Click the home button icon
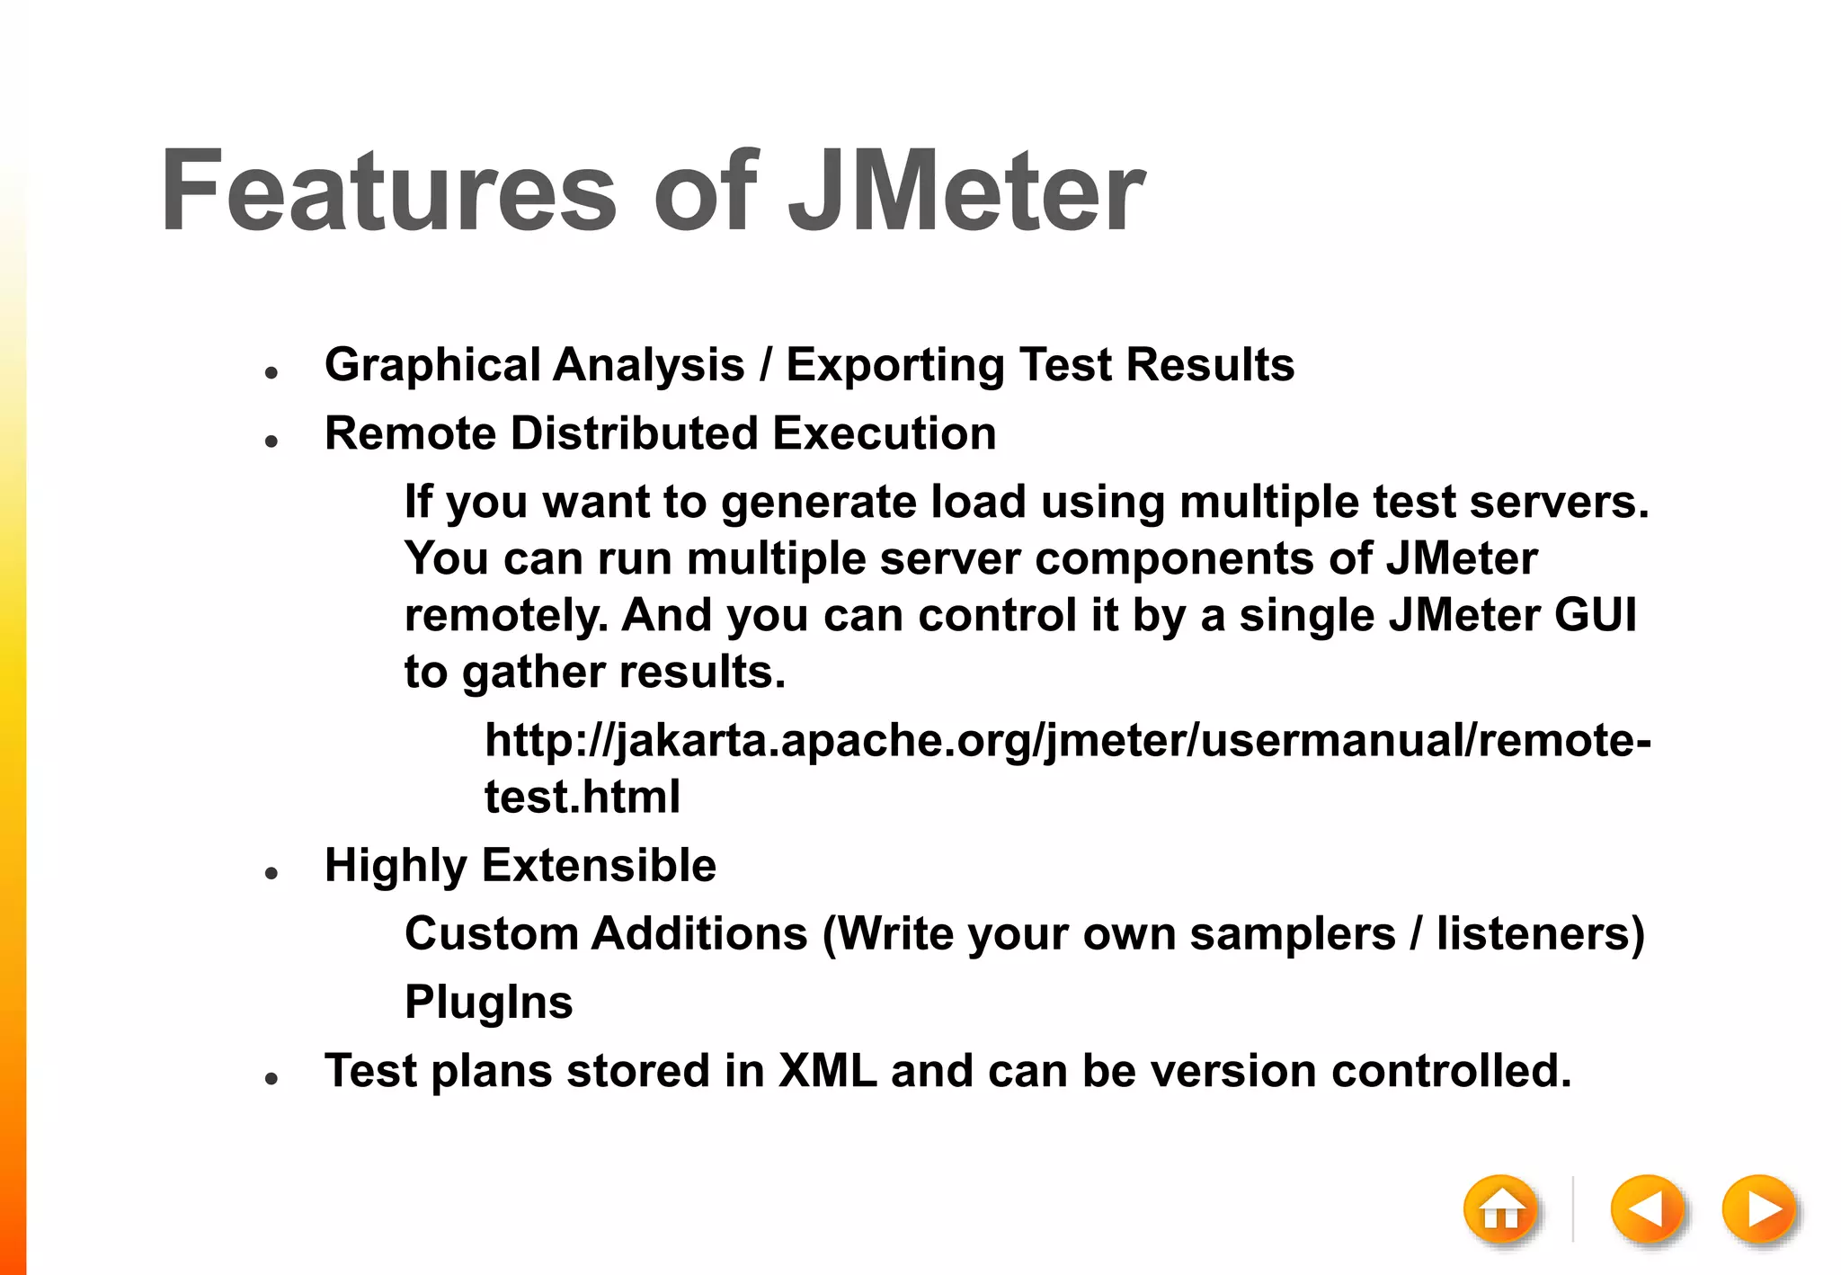(1500, 1210)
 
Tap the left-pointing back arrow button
(1647, 1210)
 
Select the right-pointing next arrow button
(1759, 1210)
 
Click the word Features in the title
(388, 192)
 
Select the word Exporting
(894, 366)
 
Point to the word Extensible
(599, 866)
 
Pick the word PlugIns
(488, 1003)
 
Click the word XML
(827, 1071)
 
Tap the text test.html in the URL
(583, 797)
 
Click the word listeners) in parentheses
(1540, 933)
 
